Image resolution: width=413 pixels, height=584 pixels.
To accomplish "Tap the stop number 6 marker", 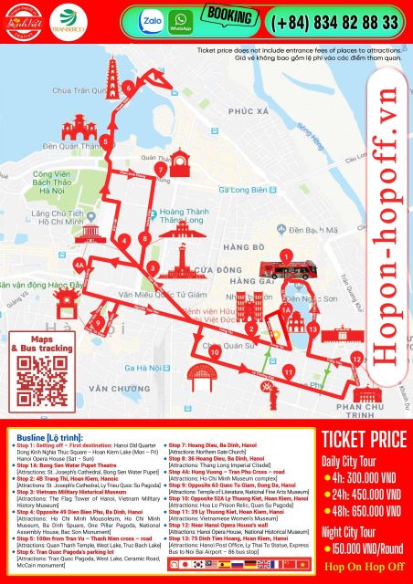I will pyautogui.click(x=129, y=88).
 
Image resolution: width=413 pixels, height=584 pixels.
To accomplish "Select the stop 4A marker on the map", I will pyautogui.click(x=79, y=266).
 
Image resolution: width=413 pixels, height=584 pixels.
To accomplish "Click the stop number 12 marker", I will pyautogui.click(x=357, y=360).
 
